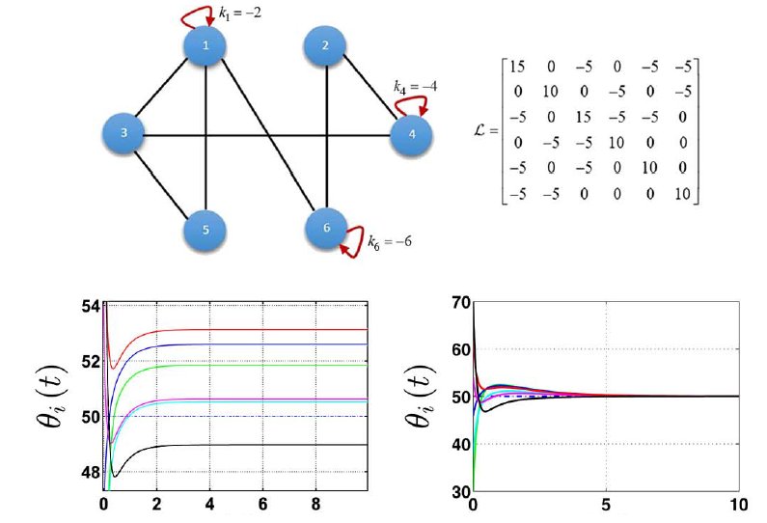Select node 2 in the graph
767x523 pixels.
coord(326,45)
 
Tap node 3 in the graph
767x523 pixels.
coord(125,134)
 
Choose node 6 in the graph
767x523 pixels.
coord(326,229)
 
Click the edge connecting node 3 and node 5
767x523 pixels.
coord(166,182)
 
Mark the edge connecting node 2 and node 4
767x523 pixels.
coord(370,91)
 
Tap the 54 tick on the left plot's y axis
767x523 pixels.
coord(90,308)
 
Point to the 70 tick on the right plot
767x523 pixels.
coord(460,303)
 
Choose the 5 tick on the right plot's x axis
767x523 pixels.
coord(606,505)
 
